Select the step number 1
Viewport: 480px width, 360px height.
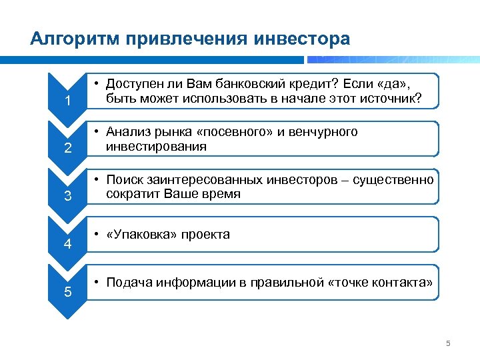click(x=67, y=101)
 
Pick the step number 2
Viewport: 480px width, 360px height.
click(x=67, y=149)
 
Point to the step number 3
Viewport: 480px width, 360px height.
click(x=67, y=196)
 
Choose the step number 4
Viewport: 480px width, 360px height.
click(x=67, y=244)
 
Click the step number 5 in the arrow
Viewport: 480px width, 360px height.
click(x=67, y=291)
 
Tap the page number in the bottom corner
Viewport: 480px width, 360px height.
click(x=448, y=344)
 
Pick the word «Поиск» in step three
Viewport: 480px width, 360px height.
click(x=125, y=180)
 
